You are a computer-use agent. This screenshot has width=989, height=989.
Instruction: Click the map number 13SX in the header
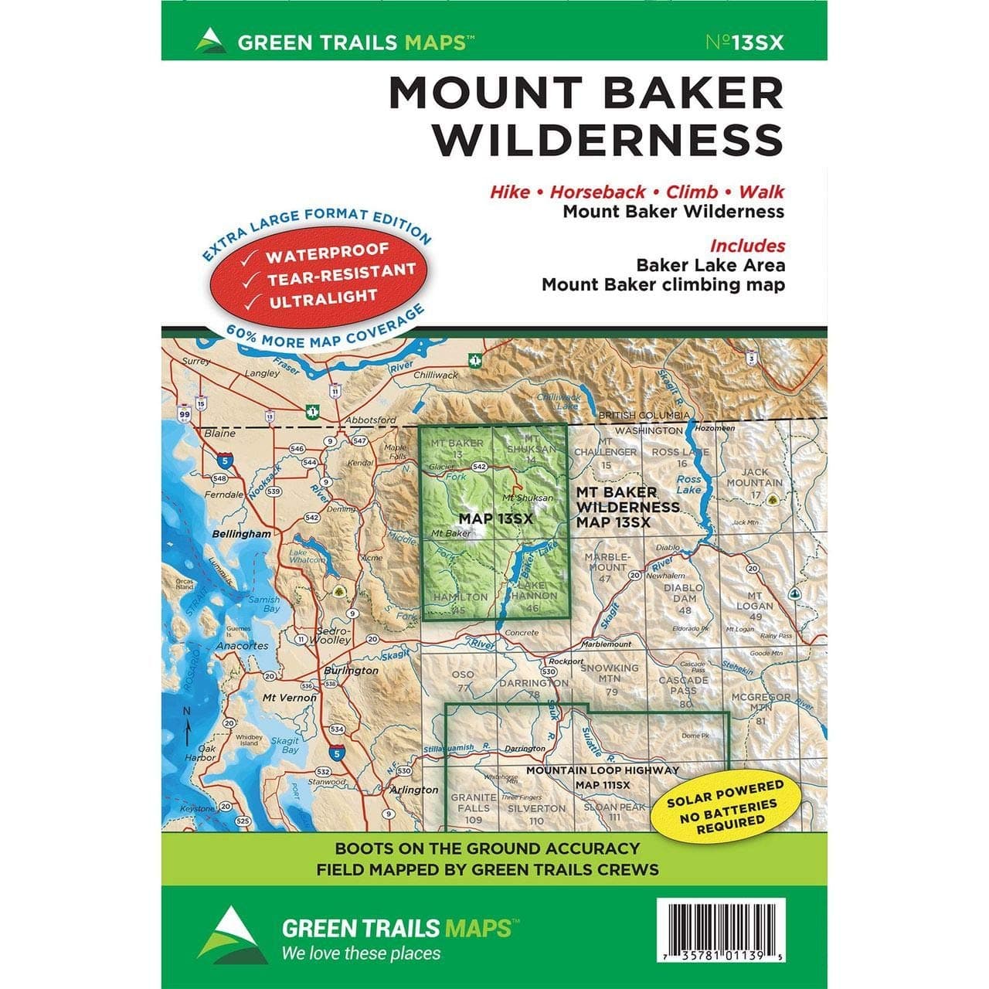coord(745,42)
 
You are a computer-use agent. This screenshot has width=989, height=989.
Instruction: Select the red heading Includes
coord(747,246)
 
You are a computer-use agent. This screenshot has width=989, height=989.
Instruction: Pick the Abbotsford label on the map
coord(367,420)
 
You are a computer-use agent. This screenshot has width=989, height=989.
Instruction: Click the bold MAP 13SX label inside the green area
coord(495,518)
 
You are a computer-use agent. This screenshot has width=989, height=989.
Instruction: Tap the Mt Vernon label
coord(290,698)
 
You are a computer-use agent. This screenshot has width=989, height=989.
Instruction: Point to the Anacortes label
coord(243,646)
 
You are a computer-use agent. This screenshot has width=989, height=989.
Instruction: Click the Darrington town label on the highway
coord(525,749)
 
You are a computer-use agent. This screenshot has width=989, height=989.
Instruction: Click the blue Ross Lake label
coord(688,484)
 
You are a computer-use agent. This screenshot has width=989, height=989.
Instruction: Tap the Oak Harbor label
coord(207,753)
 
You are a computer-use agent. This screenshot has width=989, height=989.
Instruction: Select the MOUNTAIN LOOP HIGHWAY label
coord(603,770)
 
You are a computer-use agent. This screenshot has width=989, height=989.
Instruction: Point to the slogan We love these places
coord(361,953)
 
